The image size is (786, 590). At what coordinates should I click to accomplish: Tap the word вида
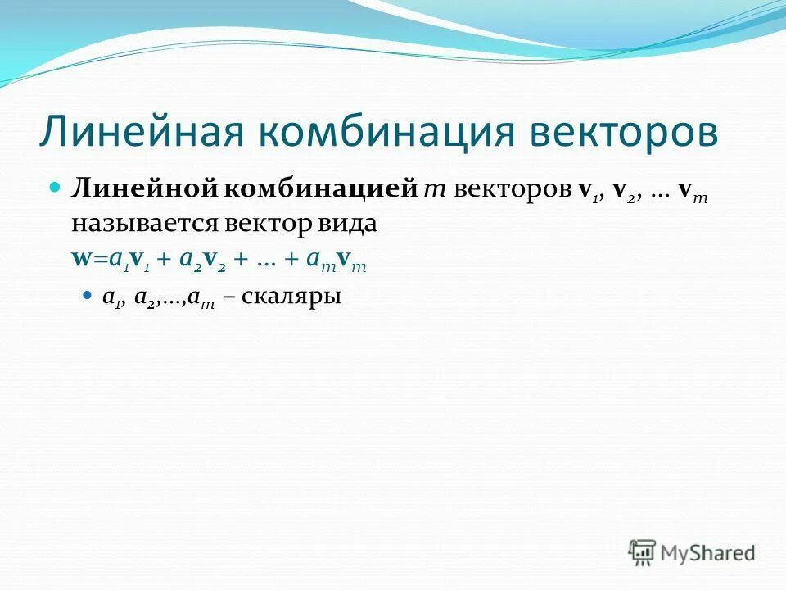350,224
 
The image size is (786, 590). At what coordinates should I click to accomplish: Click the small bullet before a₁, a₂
89,294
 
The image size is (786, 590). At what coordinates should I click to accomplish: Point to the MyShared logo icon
643,552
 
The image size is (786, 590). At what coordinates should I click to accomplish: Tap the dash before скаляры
232,297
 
